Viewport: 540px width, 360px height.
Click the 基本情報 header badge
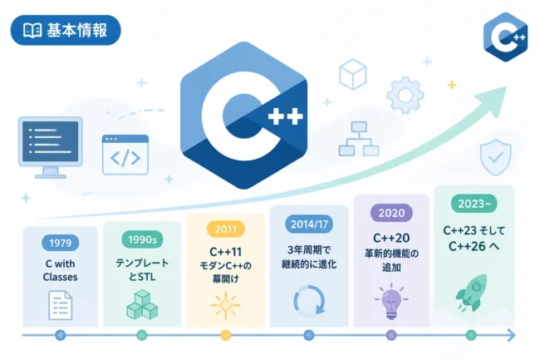click(x=66, y=30)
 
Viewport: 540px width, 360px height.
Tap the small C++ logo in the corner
click(x=506, y=37)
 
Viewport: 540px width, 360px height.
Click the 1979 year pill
click(x=61, y=243)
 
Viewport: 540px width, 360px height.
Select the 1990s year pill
click(x=142, y=239)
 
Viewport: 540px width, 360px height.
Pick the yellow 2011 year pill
click(x=226, y=229)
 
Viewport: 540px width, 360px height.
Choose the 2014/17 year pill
click(x=309, y=224)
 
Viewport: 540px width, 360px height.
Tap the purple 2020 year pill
click(x=391, y=213)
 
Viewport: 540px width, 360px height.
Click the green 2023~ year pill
click(x=474, y=204)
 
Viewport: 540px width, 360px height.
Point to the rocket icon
click(x=472, y=293)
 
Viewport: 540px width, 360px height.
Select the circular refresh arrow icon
click(x=309, y=300)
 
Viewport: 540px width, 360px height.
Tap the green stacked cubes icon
click(x=142, y=304)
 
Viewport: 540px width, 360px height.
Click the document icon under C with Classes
click(x=61, y=305)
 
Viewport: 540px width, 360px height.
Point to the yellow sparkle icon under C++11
click(x=226, y=305)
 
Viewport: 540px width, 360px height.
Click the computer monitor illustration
click(x=51, y=147)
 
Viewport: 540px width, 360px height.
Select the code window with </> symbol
click(x=125, y=155)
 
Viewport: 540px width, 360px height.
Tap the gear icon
click(x=405, y=95)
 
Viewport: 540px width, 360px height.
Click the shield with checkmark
click(x=496, y=157)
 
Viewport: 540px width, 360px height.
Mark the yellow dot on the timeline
click(x=226, y=335)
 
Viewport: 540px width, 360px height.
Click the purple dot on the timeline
click(x=391, y=335)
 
